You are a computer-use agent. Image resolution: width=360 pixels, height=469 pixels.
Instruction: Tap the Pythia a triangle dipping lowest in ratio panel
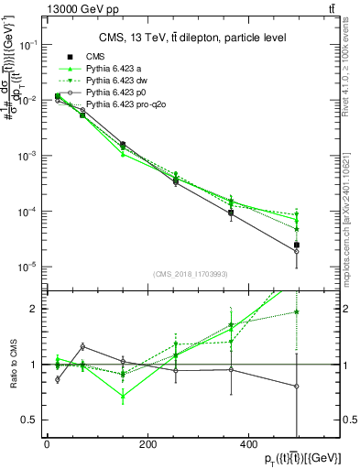(x=123, y=397)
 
